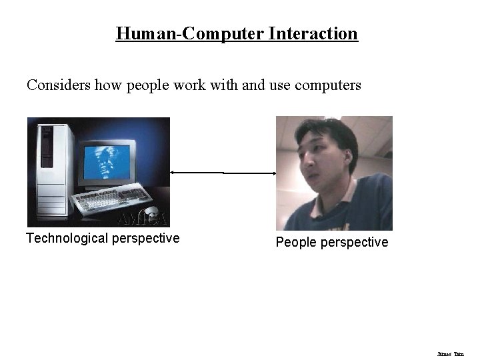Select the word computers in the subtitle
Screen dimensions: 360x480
click(x=328, y=85)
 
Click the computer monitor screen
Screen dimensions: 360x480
click(x=105, y=159)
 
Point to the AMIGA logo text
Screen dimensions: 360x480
click(x=142, y=219)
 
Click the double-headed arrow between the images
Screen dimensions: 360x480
click(x=223, y=173)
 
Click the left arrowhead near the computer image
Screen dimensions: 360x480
click(x=173, y=172)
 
